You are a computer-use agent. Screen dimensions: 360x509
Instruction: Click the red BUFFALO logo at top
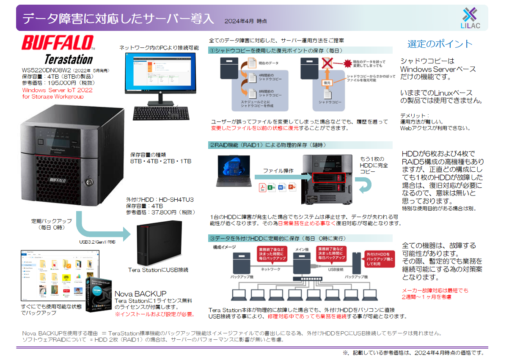tap(58, 44)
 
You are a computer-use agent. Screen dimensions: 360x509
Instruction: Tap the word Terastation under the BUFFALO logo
tap(69, 59)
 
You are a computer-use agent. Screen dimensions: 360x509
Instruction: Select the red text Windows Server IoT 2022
tap(57, 90)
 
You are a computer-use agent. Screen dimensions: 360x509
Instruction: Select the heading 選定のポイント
tap(440, 44)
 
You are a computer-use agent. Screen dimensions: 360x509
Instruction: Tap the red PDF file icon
tap(262, 187)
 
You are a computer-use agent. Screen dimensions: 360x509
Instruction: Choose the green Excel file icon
tap(272, 187)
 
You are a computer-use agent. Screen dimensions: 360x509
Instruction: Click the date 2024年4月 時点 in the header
tap(245, 21)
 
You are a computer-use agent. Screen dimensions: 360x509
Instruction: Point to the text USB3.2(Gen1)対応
tap(97, 242)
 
